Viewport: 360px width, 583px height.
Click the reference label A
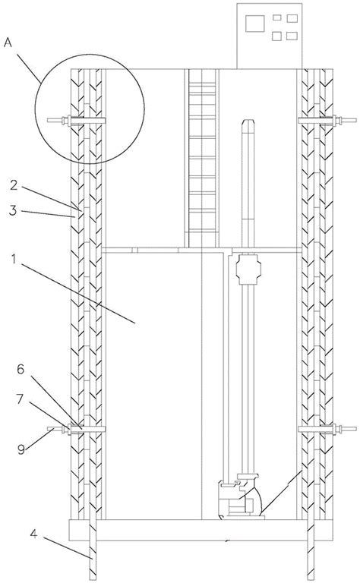tap(8, 43)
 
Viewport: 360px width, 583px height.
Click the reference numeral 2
tap(14, 184)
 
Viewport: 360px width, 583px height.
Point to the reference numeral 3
tap(13, 210)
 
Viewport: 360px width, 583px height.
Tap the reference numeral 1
tap(14, 259)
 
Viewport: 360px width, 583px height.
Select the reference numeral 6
tap(21, 369)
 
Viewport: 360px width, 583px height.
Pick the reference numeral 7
tap(20, 399)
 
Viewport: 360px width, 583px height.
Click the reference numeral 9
tap(21, 449)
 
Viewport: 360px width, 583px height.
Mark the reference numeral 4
tap(34, 534)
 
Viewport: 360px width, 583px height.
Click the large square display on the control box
tap(254, 24)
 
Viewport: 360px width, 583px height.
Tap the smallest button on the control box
tap(277, 17)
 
